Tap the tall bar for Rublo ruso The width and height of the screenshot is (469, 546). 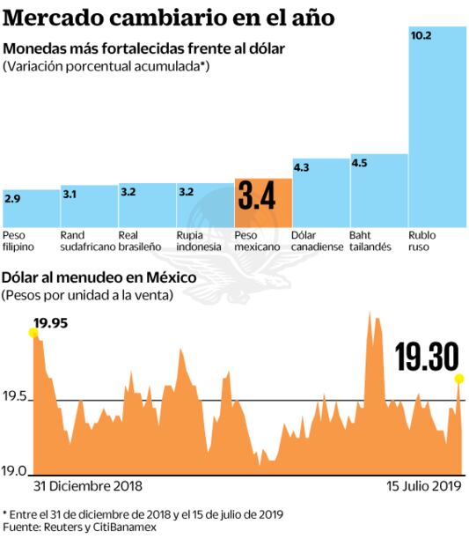[x=437, y=132]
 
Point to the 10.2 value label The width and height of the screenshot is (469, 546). [x=422, y=37]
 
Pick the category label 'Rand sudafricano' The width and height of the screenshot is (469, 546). [x=87, y=241]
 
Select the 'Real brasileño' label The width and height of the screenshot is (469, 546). [x=142, y=241]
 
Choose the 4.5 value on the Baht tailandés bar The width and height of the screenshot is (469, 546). [x=360, y=163]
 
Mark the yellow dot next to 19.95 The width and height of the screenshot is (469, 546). [x=33, y=332]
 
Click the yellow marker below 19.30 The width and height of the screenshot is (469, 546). [x=458, y=379]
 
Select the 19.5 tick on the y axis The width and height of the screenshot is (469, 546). [x=16, y=399]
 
